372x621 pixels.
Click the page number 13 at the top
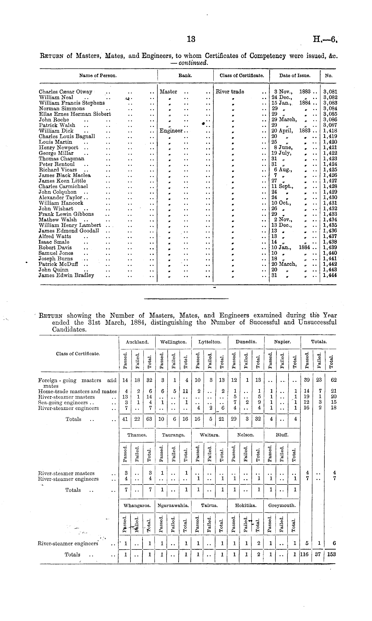pyautogui.click(x=191, y=39)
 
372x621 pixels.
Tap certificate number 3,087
pyautogui.click(x=330, y=125)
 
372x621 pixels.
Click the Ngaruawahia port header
pyautogui.click(x=173, y=505)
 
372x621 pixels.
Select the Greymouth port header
pyautogui.click(x=282, y=505)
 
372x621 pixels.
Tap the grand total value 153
pyautogui.click(x=331, y=554)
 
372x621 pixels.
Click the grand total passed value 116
pyautogui.click(x=304, y=554)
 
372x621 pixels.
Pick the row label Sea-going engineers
pyautogui.click(x=63, y=403)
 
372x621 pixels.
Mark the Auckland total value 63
pyautogui.click(x=149, y=419)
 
